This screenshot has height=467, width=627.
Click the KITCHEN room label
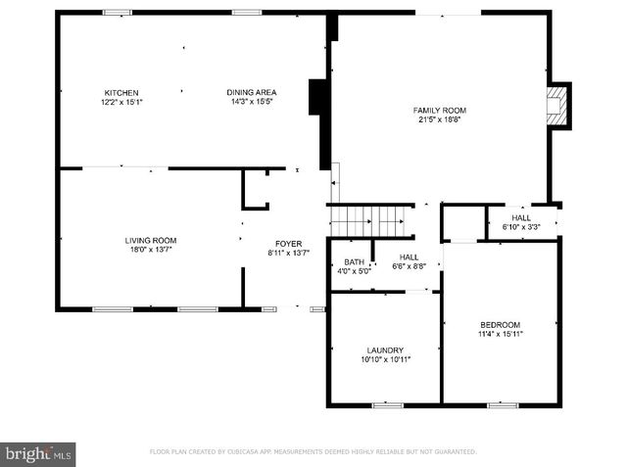point(122,93)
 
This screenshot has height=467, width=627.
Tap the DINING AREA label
point(251,93)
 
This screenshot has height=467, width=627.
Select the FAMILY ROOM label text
point(438,111)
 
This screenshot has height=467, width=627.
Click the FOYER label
point(288,244)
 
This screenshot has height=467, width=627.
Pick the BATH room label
point(354,262)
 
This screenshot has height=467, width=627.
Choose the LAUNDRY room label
point(385,350)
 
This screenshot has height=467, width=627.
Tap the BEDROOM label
point(500,325)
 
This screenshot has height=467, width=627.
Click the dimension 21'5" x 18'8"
point(438,119)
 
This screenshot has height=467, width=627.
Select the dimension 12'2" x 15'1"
point(122,102)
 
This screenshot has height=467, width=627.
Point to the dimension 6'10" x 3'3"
point(521,226)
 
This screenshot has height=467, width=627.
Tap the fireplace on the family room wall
point(558,104)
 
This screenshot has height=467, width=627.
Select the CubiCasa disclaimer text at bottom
point(313,452)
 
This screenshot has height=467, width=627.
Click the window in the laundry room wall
point(387,404)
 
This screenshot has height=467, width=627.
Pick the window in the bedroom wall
point(503,404)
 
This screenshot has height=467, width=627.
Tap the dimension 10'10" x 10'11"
point(385,359)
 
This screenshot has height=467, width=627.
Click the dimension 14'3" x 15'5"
point(251,102)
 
